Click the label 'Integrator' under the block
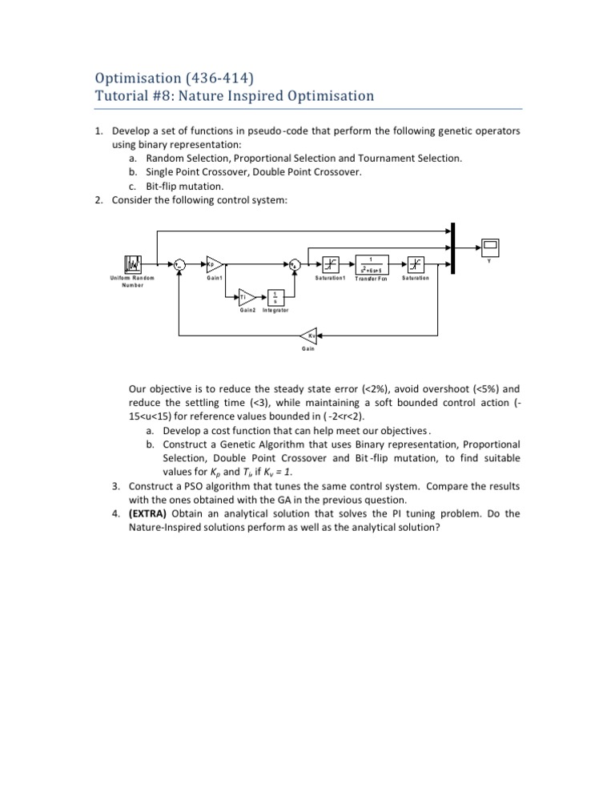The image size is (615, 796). coord(275,310)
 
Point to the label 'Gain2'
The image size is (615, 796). coord(248,310)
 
